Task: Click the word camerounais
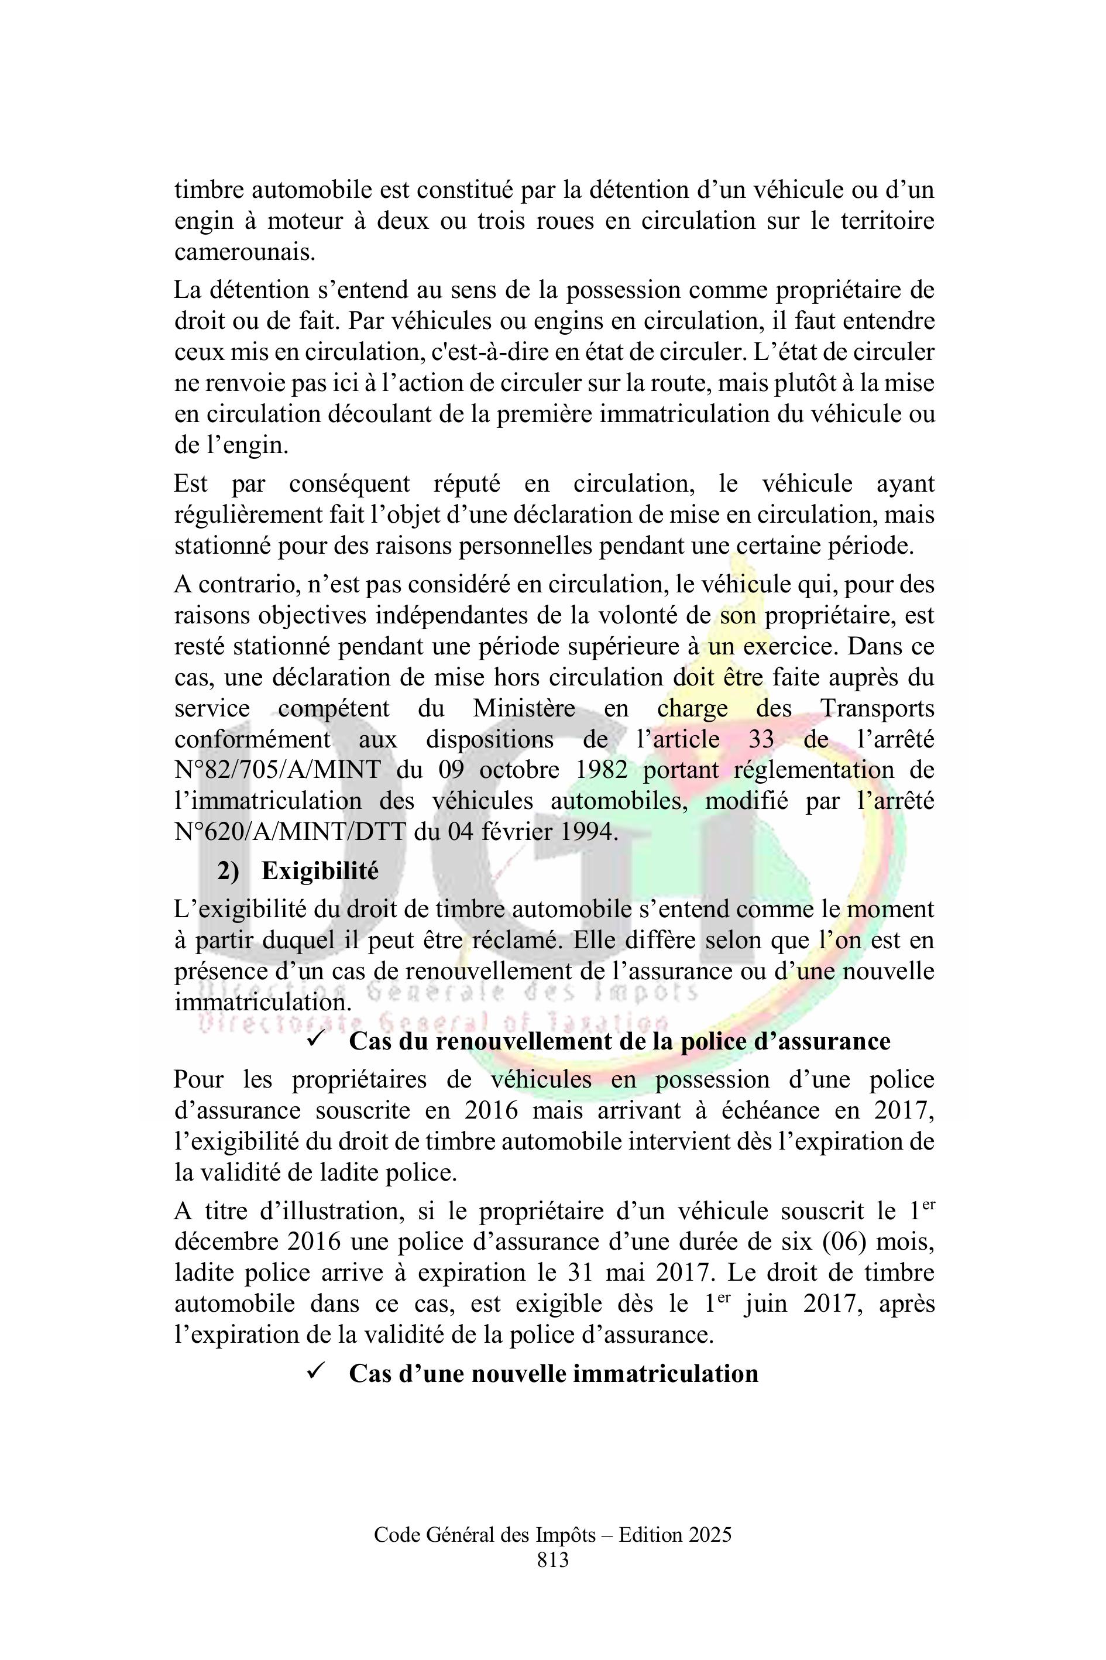(x=244, y=252)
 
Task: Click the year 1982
(x=601, y=770)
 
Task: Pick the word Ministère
(x=523, y=708)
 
